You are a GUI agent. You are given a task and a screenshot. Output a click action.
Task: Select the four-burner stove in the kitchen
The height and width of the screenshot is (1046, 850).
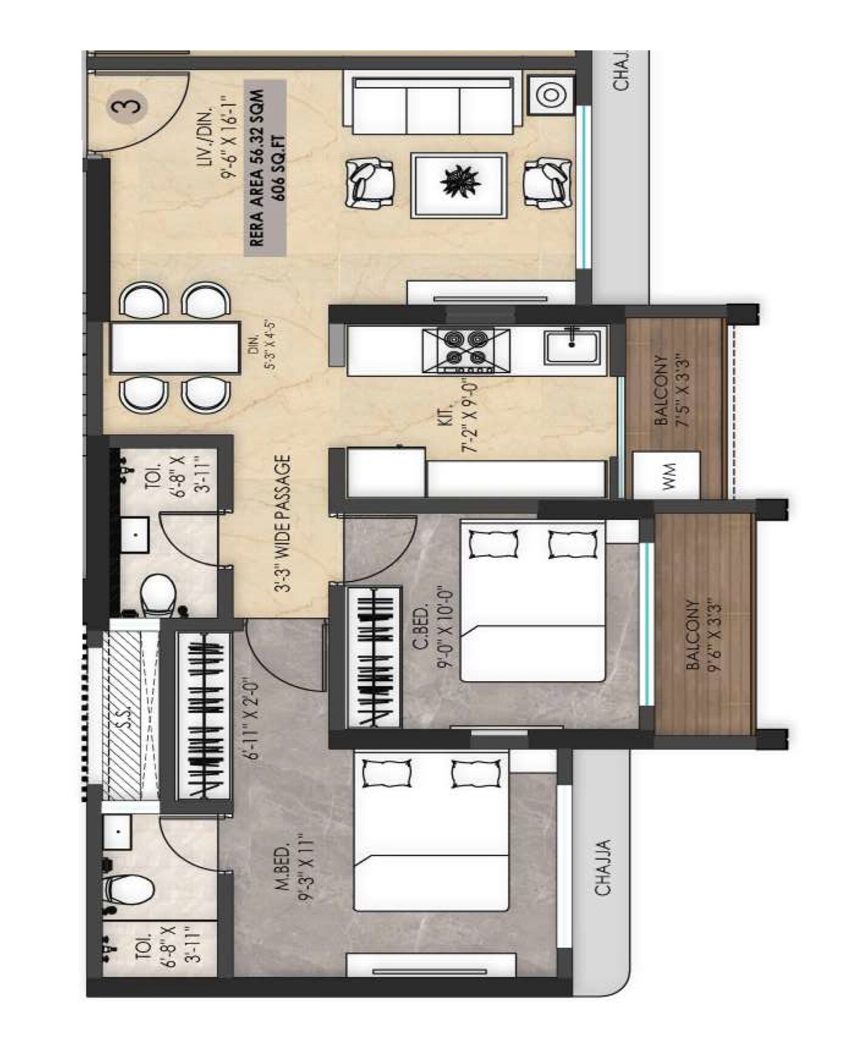465,351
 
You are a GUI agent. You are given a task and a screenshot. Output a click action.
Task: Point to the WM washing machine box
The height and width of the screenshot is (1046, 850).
667,475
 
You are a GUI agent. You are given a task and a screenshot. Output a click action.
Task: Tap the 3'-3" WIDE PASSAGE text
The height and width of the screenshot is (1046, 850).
284,523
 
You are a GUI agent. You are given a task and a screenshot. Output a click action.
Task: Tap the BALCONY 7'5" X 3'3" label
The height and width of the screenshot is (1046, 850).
672,392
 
